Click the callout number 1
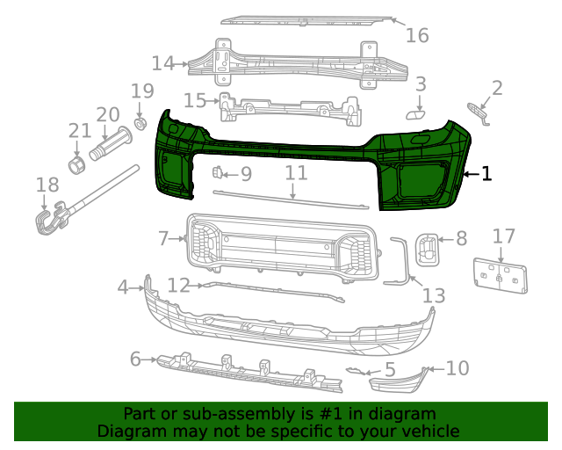tap(486, 174)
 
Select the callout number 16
tap(417, 35)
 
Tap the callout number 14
tap(163, 63)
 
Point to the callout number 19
tap(142, 91)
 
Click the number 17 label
tap(503, 236)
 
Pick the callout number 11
tap(295, 173)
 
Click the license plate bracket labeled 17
tap(501, 273)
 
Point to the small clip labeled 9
tap(219, 172)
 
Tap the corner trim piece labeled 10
tap(400, 380)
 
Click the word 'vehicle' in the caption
tap(429, 431)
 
